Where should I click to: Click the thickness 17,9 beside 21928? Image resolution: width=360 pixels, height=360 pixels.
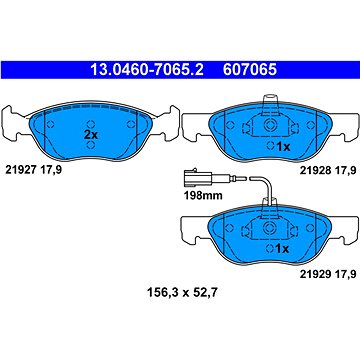click(x=337, y=170)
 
